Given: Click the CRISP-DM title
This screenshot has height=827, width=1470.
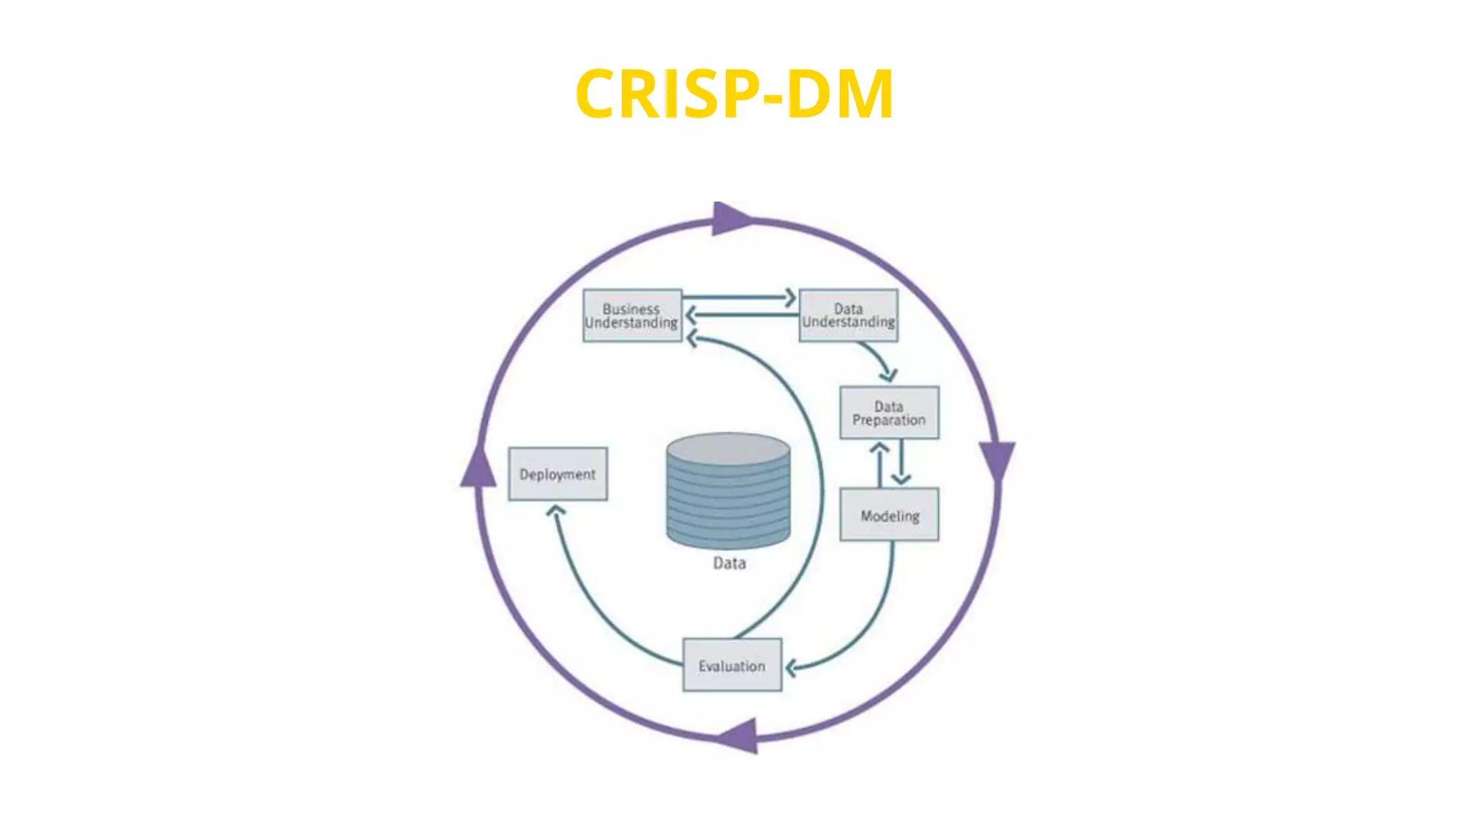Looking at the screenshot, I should (734, 94).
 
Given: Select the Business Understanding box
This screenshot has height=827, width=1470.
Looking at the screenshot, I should (632, 316).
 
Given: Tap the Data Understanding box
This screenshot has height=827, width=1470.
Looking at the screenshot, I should (848, 316).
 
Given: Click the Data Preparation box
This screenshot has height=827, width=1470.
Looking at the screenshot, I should (889, 413).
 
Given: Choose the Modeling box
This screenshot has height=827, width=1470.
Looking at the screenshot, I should (889, 515).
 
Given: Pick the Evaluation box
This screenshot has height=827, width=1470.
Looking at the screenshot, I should (731, 665).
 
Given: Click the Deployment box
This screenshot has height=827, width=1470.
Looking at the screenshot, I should (558, 474).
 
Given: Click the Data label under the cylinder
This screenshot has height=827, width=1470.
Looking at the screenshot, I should (729, 563).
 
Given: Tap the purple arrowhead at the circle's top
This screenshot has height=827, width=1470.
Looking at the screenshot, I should (730, 218).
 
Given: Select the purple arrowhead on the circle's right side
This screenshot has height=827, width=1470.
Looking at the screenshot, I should (997, 459).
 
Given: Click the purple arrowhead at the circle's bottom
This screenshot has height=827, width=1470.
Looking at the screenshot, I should (740, 736).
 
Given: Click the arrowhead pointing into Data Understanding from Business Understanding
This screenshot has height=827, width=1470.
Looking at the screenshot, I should (790, 297).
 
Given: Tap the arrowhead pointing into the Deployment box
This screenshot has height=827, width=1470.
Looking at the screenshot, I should (556, 511).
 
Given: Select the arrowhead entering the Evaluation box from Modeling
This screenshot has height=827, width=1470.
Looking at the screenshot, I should (791, 668).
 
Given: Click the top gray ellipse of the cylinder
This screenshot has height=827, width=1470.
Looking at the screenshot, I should (728, 449).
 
